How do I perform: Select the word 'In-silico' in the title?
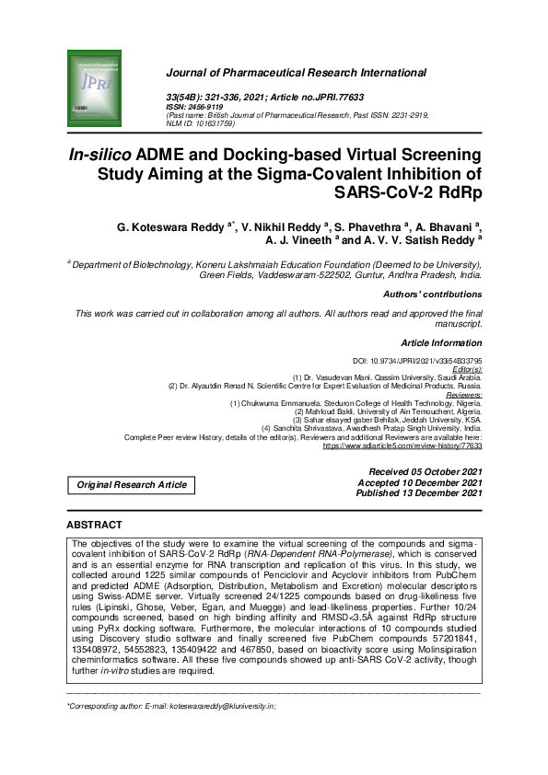click(100, 154)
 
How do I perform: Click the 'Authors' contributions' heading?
click(432, 295)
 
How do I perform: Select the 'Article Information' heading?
click(441, 342)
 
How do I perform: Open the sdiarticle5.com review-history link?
click(402, 445)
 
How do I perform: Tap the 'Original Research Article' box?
click(132, 484)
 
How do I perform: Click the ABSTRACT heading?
click(96, 525)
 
